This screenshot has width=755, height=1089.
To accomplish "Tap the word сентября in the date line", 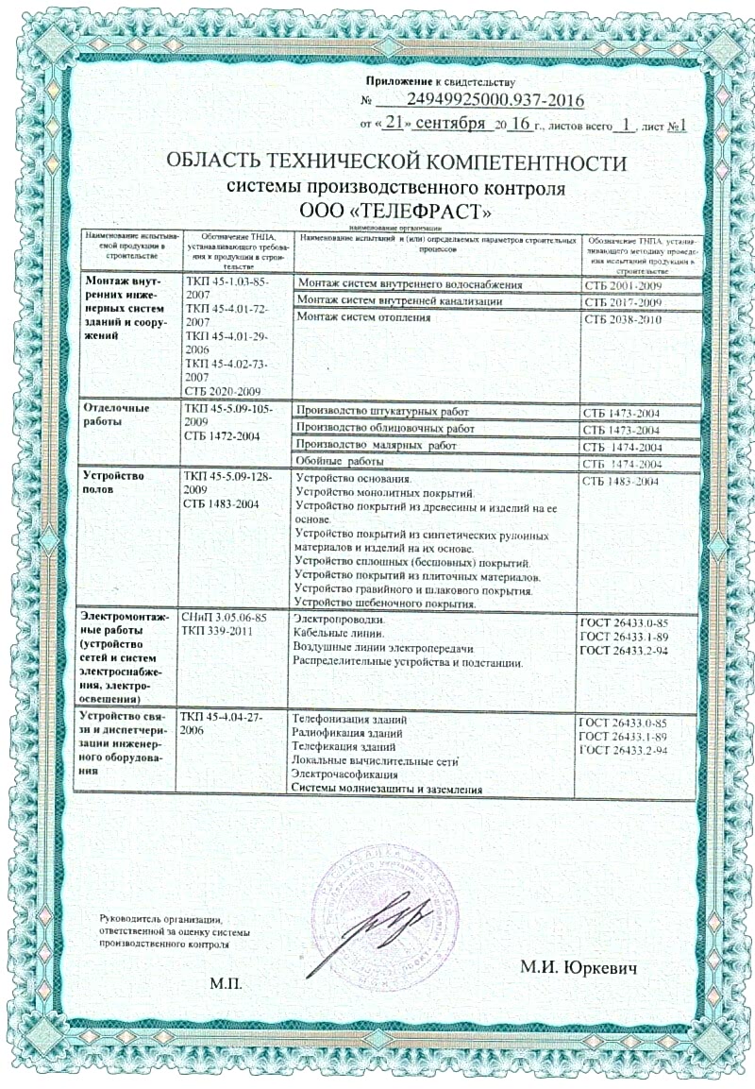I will coord(452,124).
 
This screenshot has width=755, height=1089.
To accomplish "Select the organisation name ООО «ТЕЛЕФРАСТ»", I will coord(395,209).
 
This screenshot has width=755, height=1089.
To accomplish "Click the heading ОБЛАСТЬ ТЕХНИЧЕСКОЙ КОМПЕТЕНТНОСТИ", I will coord(395,162).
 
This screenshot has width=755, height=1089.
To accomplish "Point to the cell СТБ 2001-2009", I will coord(623,284).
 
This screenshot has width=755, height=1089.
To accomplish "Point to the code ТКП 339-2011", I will coord(212,630).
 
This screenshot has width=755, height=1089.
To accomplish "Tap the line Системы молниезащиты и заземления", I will coord(387,789).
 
